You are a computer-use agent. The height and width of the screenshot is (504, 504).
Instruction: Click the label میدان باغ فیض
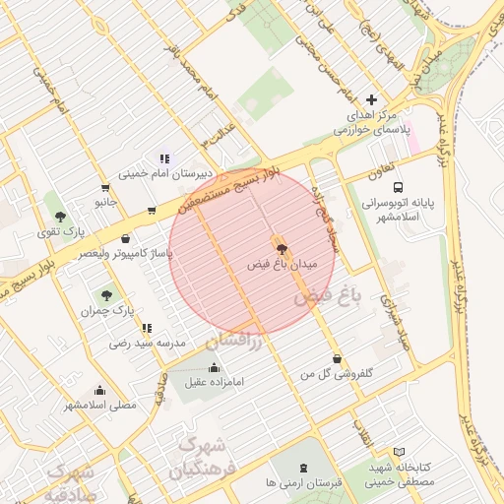click(x=282, y=265)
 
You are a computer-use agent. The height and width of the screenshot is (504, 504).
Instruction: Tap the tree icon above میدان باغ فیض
click(x=282, y=249)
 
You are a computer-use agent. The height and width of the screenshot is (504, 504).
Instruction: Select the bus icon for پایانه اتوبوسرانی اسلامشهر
click(x=398, y=187)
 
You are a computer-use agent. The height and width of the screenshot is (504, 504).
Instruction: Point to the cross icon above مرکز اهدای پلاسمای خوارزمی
click(x=371, y=99)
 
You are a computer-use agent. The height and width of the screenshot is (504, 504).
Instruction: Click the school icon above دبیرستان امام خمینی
click(x=164, y=158)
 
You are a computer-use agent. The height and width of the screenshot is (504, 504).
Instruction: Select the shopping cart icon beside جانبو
click(x=105, y=187)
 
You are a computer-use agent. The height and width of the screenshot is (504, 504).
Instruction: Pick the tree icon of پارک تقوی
click(x=61, y=216)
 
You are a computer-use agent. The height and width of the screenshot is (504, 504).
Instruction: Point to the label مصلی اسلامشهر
click(x=100, y=405)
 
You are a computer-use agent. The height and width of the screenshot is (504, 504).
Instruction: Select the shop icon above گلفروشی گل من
click(x=339, y=359)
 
